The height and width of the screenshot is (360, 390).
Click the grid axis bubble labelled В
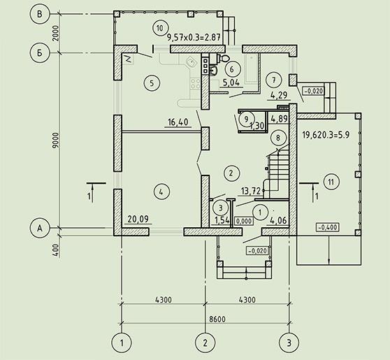click(40, 15)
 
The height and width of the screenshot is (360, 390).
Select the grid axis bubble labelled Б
click(40, 53)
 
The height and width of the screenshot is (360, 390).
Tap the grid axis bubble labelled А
click(40, 228)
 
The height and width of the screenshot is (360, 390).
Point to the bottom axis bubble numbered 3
click(289, 343)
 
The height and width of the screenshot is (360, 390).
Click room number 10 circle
click(159, 28)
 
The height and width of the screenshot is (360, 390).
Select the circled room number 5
click(152, 83)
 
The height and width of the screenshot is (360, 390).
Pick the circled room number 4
click(161, 192)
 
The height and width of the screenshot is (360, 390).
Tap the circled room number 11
click(331, 182)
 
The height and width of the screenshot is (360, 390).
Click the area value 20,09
click(138, 219)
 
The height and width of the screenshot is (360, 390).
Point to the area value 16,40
click(178, 122)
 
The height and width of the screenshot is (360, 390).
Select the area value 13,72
click(250, 191)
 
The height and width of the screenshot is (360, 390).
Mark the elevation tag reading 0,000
click(244, 221)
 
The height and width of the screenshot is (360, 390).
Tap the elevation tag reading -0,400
click(328, 227)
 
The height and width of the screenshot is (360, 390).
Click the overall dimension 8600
click(217, 319)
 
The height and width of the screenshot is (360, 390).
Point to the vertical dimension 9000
click(56, 141)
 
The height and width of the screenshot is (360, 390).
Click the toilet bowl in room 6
click(224, 58)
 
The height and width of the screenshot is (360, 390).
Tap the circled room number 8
click(278, 138)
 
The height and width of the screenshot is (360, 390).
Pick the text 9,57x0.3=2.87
click(194, 38)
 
